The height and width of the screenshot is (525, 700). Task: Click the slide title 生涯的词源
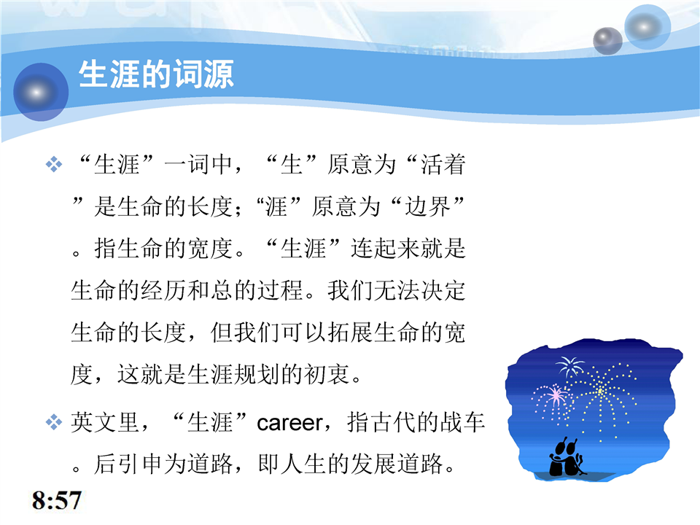[x=156, y=74]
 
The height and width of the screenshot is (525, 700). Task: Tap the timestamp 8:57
[x=57, y=500]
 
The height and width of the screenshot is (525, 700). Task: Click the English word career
[x=289, y=423]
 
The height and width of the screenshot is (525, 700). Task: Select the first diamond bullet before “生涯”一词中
[x=54, y=164]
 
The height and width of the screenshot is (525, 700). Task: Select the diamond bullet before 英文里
[x=54, y=422]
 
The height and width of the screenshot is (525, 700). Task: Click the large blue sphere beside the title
[x=41, y=92]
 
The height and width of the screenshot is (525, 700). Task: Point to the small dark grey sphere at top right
[x=607, y=41]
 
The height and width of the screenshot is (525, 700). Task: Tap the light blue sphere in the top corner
[x=647, y=26]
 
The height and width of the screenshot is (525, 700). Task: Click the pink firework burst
[x=554, y=396]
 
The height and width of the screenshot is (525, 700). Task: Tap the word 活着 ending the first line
[x=443, y=164]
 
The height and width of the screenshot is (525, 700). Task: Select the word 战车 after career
[x=462, y=422]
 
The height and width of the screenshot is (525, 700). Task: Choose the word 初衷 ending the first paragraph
[x=327, y=374]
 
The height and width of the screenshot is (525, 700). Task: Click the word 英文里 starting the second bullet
[x=105, y=422]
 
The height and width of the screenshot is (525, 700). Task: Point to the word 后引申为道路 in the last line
[x=163, y=464]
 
